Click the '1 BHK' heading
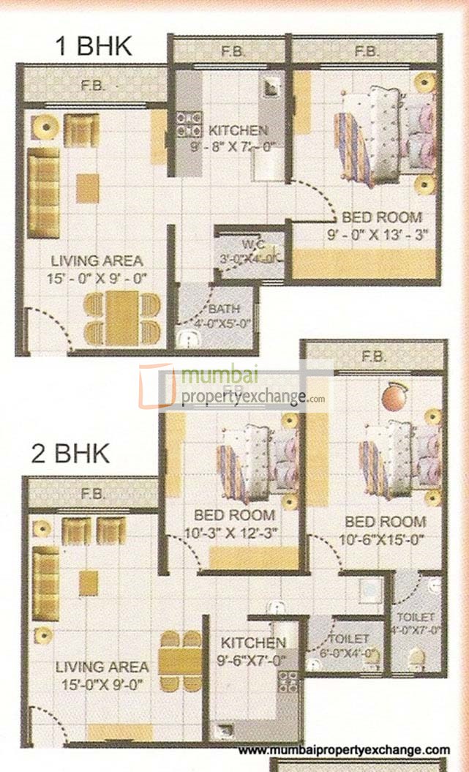point(94,46)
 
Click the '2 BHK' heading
point(70,454)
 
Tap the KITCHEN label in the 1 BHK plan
point(238,130)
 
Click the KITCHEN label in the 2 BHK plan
point(254,643)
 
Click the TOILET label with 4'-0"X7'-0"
point(417,618)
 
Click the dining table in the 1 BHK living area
point(121,318)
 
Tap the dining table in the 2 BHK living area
point(181,661)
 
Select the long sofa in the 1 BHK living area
point(43,192)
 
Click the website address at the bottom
point(344,750)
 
